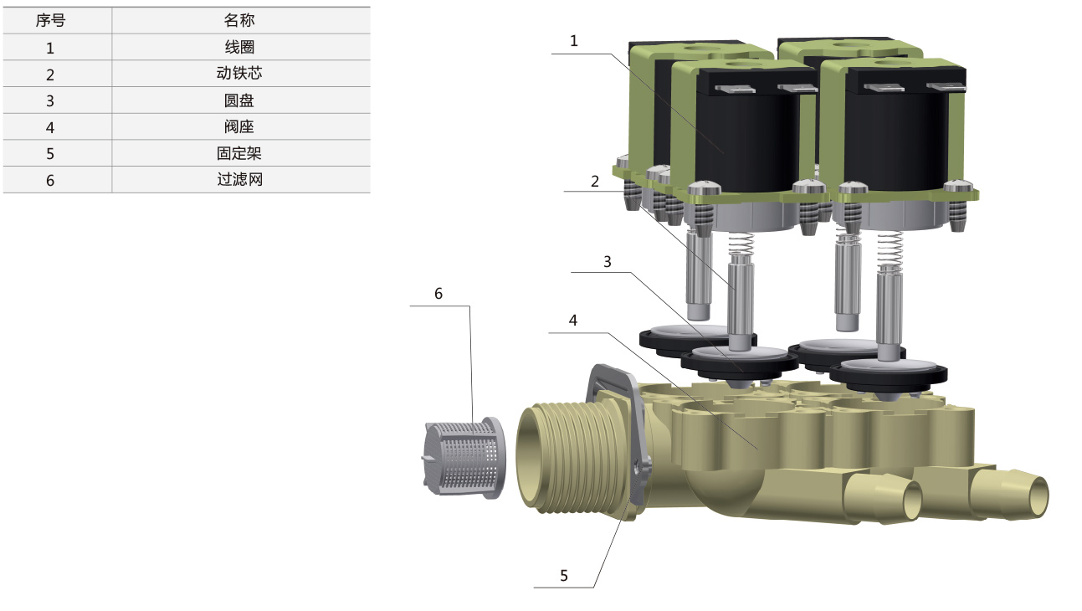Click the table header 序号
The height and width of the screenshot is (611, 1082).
[x=50, y=20]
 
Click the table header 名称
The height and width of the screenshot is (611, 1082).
[x=239, y=20]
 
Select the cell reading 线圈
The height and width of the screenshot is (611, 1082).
[x=239, y=47]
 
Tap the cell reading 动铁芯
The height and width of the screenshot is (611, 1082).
[x=239, y=74]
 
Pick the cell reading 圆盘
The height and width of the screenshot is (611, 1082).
[x=239, y=100]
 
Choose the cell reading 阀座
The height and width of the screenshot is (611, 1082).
[x=239, y=127]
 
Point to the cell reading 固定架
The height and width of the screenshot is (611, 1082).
[x=239, y=154]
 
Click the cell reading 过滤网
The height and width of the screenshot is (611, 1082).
[x=240, y=180]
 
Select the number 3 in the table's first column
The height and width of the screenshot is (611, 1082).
[x=50, y=101]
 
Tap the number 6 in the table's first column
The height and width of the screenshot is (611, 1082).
[x=50, y=181]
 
